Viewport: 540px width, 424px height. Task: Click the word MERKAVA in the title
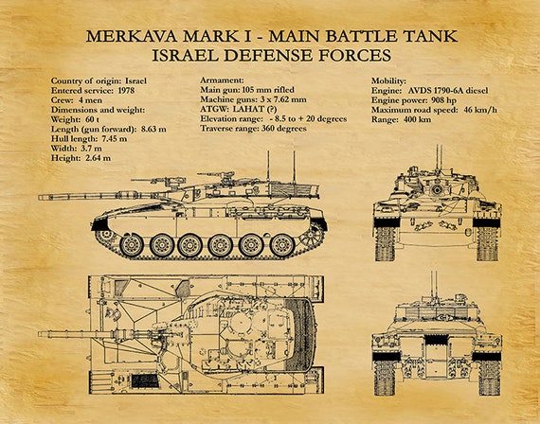132,36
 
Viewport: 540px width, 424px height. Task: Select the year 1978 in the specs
126,91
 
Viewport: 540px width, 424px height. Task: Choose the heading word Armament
222,80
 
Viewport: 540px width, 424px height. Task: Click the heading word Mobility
388,80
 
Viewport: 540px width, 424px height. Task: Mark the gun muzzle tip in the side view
39,197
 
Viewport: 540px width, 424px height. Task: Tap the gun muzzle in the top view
39,334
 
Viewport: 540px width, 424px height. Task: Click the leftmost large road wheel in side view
132,245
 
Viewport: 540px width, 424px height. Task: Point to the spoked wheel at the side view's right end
312,236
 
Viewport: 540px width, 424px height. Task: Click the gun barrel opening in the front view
437,189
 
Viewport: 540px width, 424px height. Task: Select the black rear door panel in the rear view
437,340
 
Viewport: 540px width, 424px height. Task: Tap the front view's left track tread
386,243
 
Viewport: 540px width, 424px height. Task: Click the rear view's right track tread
489,378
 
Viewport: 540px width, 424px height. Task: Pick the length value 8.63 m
153,129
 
